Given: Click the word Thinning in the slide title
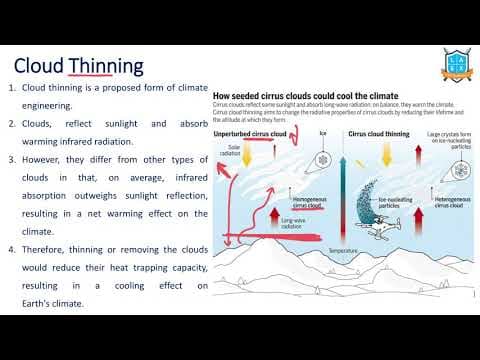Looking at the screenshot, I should point(105,67).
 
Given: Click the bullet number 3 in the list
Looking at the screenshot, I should point(14,159).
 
